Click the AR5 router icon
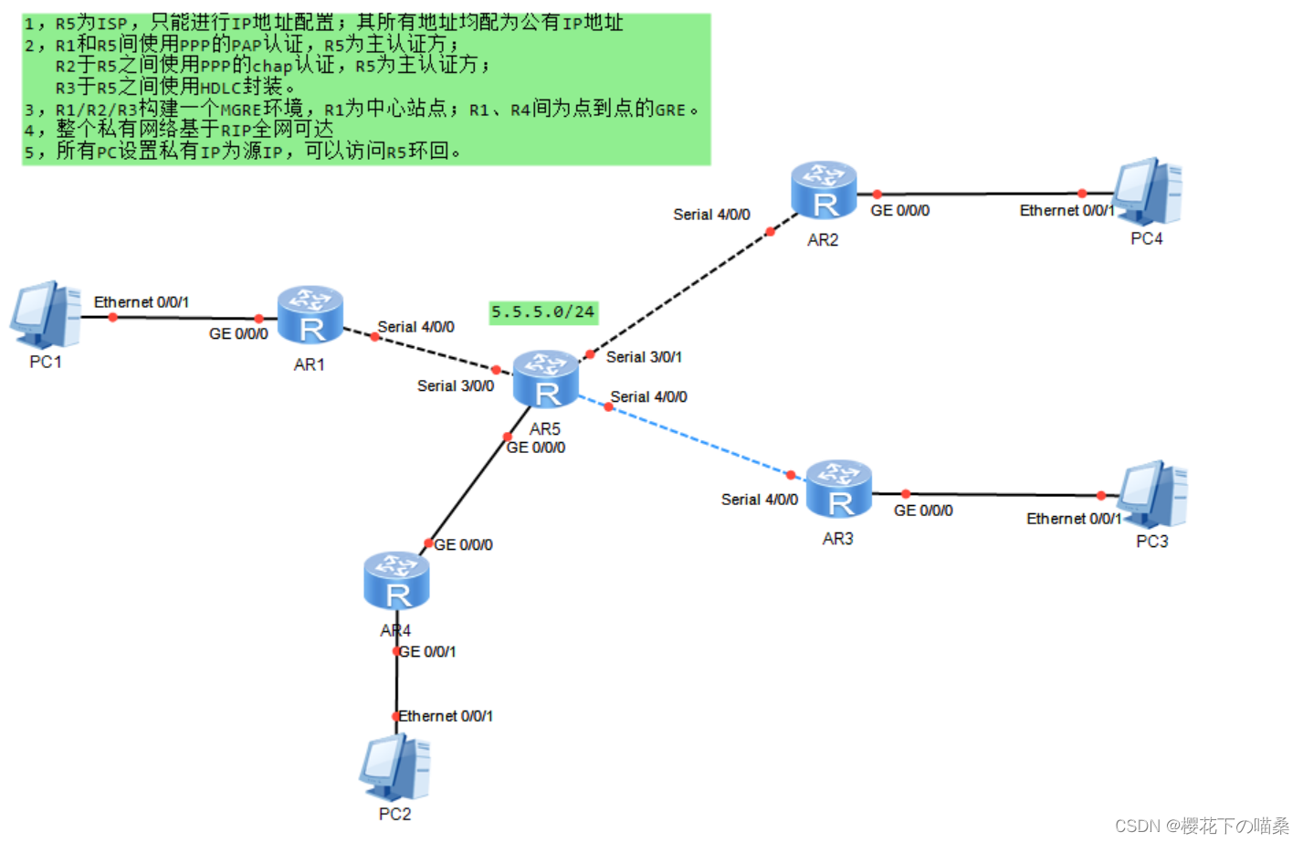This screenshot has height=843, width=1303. (545, 379)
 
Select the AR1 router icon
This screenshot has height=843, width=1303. (310, 315)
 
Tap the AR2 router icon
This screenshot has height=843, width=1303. (824, 190)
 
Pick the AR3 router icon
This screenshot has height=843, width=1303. (838, 489)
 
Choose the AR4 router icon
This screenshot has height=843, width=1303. (396, 581)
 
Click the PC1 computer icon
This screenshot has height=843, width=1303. (46, 314)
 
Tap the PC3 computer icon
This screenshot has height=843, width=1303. (1152, 494)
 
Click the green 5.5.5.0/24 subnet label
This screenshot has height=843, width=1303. (543, 312)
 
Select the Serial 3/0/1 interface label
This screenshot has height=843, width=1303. (644, 357)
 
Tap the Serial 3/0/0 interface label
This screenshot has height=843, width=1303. (455, 386)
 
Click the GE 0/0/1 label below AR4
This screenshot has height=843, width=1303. (427, 652)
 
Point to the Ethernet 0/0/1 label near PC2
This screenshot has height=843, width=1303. (446, 716)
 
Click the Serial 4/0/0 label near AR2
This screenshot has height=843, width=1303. (711, 215)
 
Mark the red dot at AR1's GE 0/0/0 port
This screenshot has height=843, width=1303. (258, 319)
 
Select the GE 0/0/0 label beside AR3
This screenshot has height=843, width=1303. (922, 511)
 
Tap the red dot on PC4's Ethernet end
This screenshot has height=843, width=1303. (1082, 194)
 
